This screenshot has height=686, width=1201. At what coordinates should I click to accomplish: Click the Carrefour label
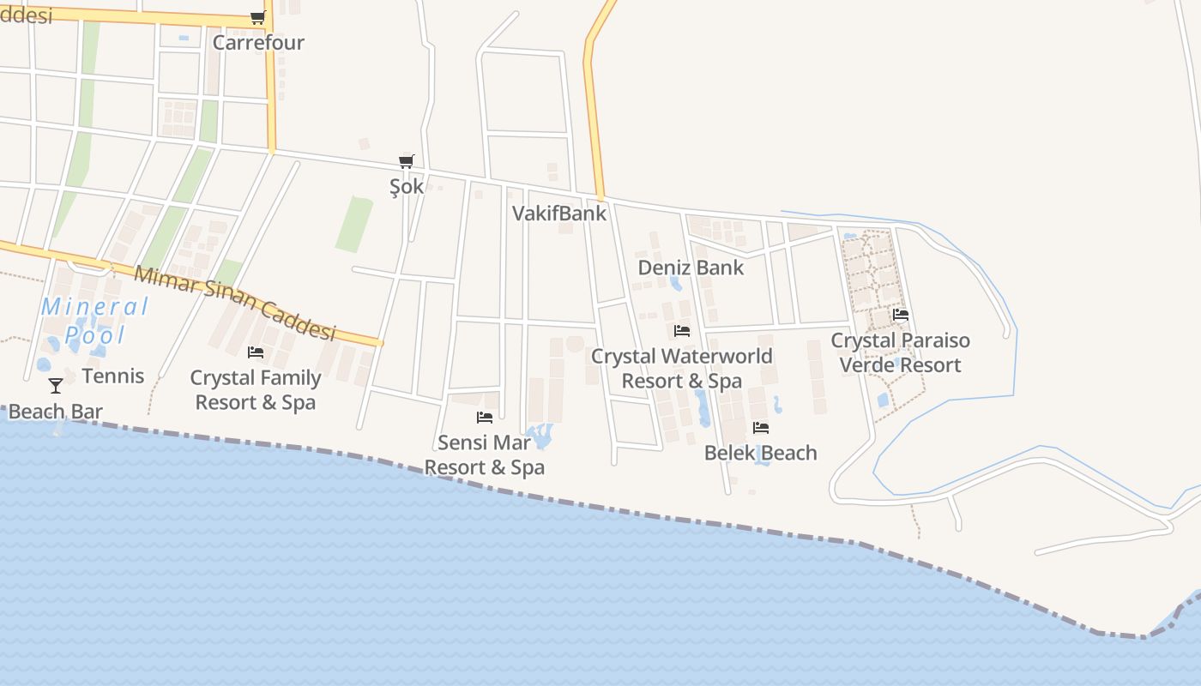[258, 42]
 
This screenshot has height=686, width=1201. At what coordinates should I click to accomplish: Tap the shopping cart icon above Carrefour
[257, 17]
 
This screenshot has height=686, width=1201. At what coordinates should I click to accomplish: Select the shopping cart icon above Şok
[407, 161]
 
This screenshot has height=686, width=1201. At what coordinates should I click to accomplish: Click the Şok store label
[407, 186]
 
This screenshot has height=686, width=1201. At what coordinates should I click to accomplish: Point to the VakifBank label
[559, 214]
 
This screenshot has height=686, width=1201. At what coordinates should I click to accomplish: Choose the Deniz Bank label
[691, 268]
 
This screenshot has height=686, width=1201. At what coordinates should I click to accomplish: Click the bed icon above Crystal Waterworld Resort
[682, 330]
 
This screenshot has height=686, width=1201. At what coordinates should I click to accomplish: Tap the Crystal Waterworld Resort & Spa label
[682, 368]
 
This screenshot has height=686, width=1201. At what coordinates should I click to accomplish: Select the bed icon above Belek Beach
[760, 428]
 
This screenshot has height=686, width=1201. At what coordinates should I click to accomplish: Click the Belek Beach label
[760, 453]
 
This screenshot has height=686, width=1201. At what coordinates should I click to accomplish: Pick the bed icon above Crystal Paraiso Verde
[901, 315]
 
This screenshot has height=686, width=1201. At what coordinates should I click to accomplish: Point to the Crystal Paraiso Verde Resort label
[901, 352]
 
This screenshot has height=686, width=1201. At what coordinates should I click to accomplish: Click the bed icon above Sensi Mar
[485, 418]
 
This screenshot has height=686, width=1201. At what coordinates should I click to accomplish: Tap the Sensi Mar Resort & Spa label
[485, 455]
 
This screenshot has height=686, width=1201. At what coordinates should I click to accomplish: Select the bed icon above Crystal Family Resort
[256, 352]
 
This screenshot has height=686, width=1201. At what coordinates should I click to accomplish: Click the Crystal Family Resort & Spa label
[256, 390]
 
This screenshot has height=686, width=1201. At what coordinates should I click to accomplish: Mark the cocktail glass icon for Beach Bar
[56, 386]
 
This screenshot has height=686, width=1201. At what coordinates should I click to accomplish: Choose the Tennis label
[113, 376]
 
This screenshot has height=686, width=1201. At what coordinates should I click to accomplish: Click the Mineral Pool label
[95, 320]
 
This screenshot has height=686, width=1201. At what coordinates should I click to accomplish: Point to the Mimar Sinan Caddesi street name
[235, 304]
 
